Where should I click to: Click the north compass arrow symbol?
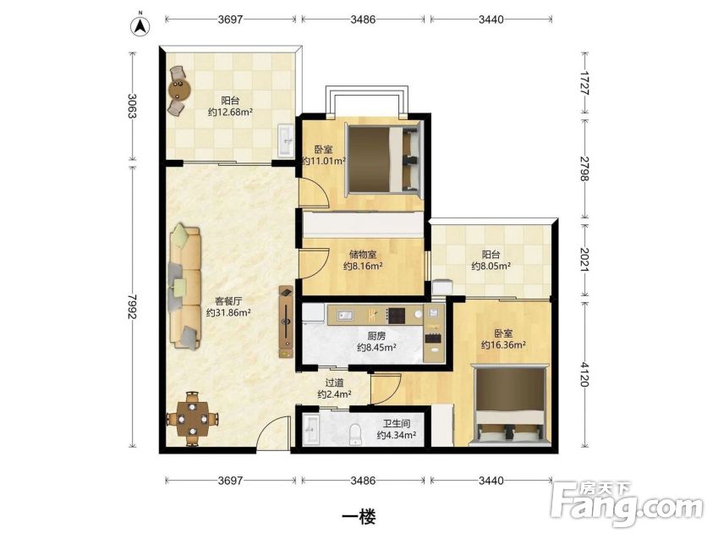140,25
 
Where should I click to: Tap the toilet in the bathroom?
355,433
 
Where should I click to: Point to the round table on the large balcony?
179,90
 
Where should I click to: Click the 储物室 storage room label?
363,255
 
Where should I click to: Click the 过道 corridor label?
334,382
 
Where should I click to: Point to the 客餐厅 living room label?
228,301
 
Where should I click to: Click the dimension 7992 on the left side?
132,306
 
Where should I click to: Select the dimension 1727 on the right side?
584,83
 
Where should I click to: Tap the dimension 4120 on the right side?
584,374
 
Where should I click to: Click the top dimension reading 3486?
363,19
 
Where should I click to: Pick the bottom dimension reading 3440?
491,481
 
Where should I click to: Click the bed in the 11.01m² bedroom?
383,158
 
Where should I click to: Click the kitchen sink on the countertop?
345,315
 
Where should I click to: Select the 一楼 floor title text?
359,518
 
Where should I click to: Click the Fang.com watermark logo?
628,503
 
